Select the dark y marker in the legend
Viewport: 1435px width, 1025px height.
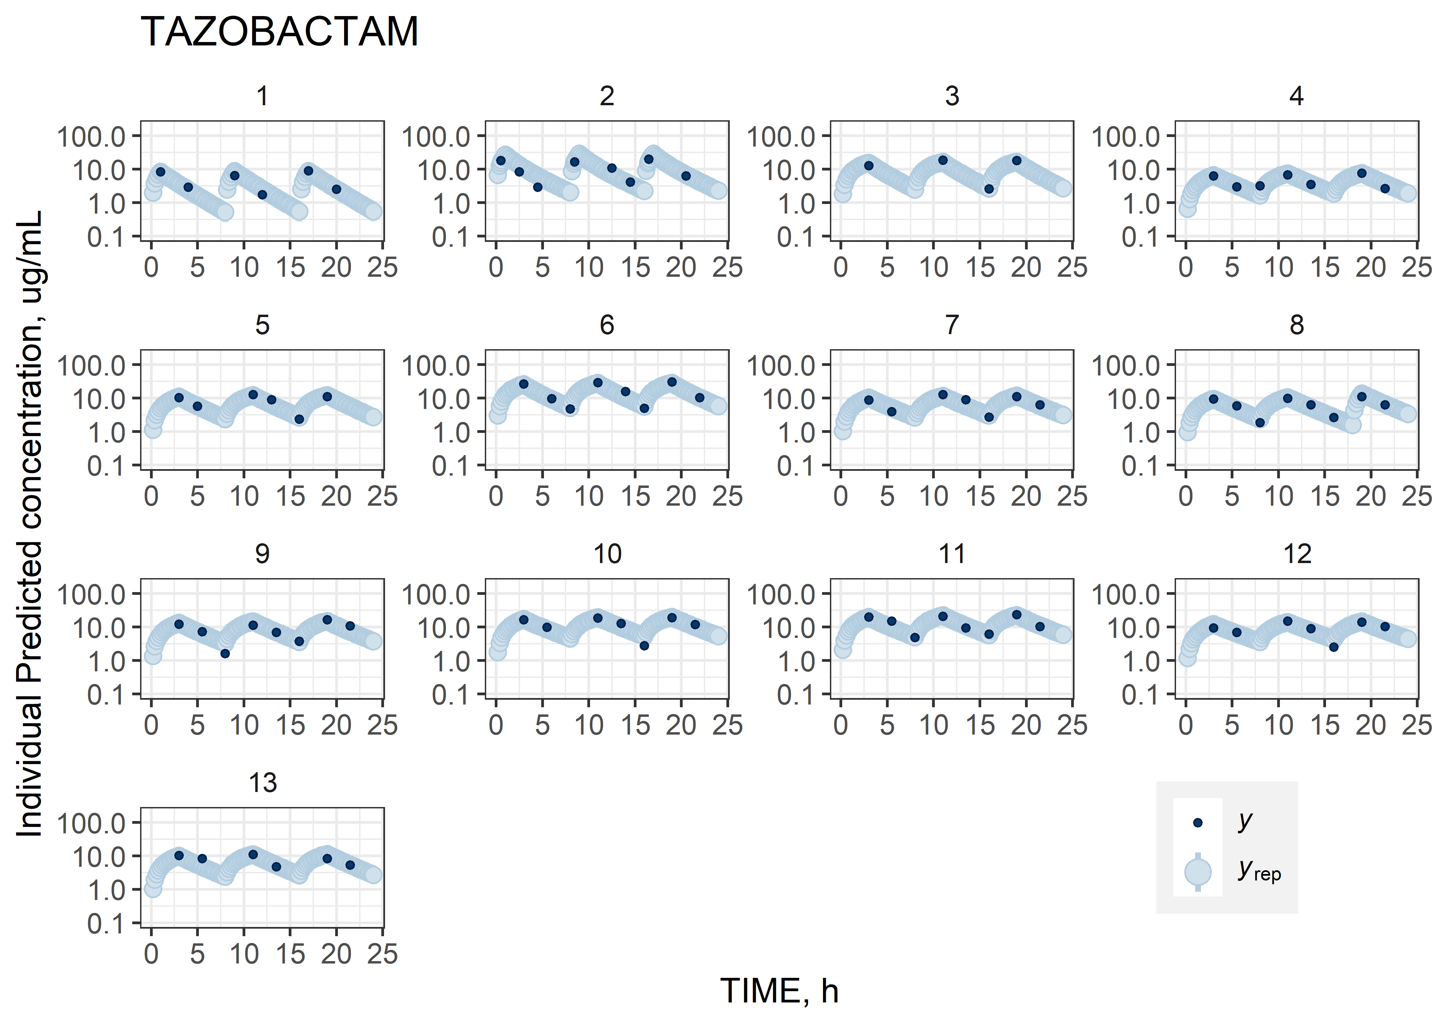pos(1197,822)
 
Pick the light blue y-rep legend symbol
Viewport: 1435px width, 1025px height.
pos(1197,872)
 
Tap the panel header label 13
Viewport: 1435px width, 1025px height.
pos(262,783)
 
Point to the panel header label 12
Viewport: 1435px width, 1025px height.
pos(1297,554)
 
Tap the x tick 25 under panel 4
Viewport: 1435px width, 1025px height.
pos(1417,268)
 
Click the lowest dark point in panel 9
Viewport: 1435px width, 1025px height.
pos(225,653)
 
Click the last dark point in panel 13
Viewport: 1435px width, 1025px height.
pos(350,865)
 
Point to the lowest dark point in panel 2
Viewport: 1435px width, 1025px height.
pos(538,187)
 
